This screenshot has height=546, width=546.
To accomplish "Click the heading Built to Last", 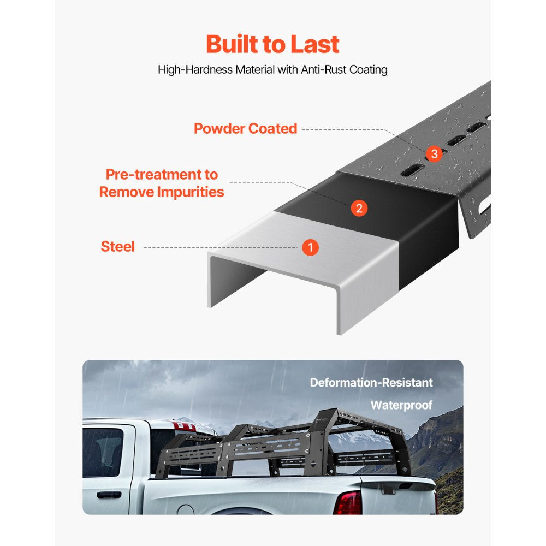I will click(272, 44).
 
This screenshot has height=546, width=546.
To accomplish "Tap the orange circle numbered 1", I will click(310, 247).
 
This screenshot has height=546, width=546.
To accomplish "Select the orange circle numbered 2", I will click(359, 208).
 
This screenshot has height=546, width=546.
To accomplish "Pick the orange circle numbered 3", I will click(434, 154).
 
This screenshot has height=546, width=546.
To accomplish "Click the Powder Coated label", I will click(246, 129).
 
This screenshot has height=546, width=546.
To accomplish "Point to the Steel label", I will click(117, 247).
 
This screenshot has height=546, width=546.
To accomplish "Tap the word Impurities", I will click(191, 192).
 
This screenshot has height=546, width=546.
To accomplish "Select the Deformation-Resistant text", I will click(371, 383).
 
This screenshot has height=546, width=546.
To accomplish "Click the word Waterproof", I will click(401, 405).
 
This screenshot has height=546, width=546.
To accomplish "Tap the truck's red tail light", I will click(348, 502).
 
